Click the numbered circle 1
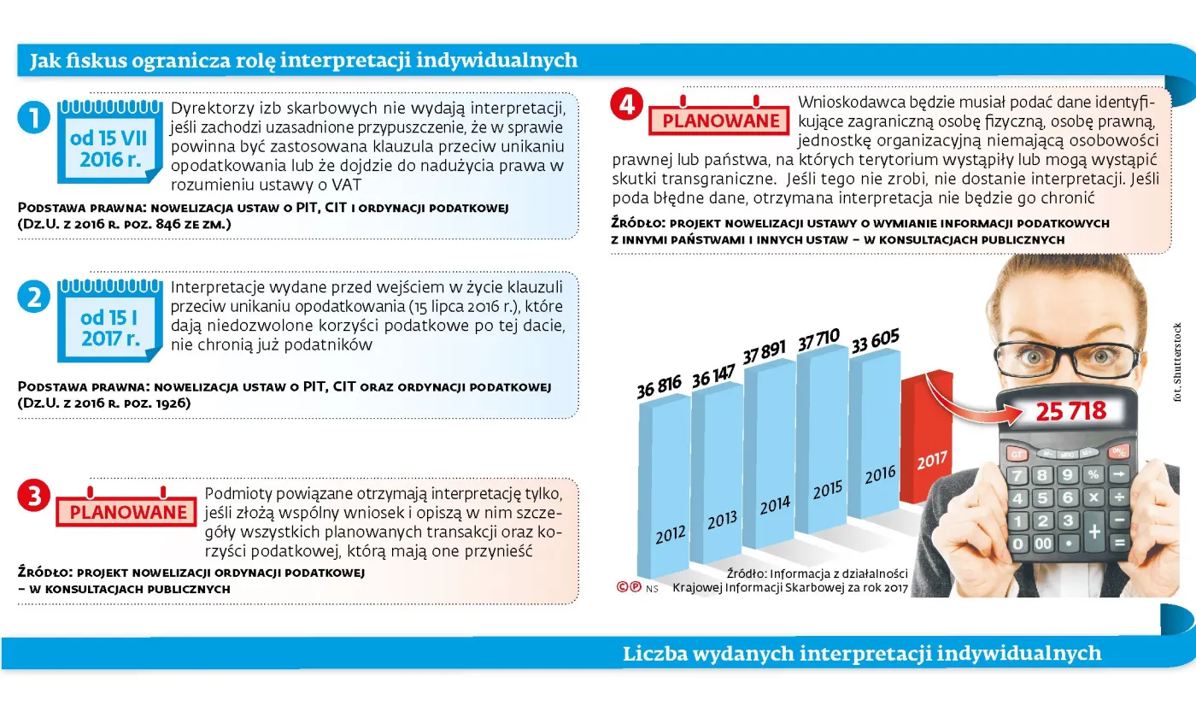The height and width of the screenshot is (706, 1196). pyautogui.click(x=33, y=118)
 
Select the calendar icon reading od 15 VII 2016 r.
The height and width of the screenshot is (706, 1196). pyautogui.click(x=108, y=142)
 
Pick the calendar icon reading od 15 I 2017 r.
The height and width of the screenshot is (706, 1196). pyautogui.click(x=108, y=321)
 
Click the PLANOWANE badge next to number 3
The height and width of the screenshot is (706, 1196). pyautogui.click(x=126, y=510)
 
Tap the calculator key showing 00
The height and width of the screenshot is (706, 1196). pyautogui.click(x=1043, y=543)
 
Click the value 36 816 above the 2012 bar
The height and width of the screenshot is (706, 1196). pyautogui.click(x=660, y=387)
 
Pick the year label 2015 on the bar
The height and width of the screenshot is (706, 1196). pyautogui.click(x=827, y=491)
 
